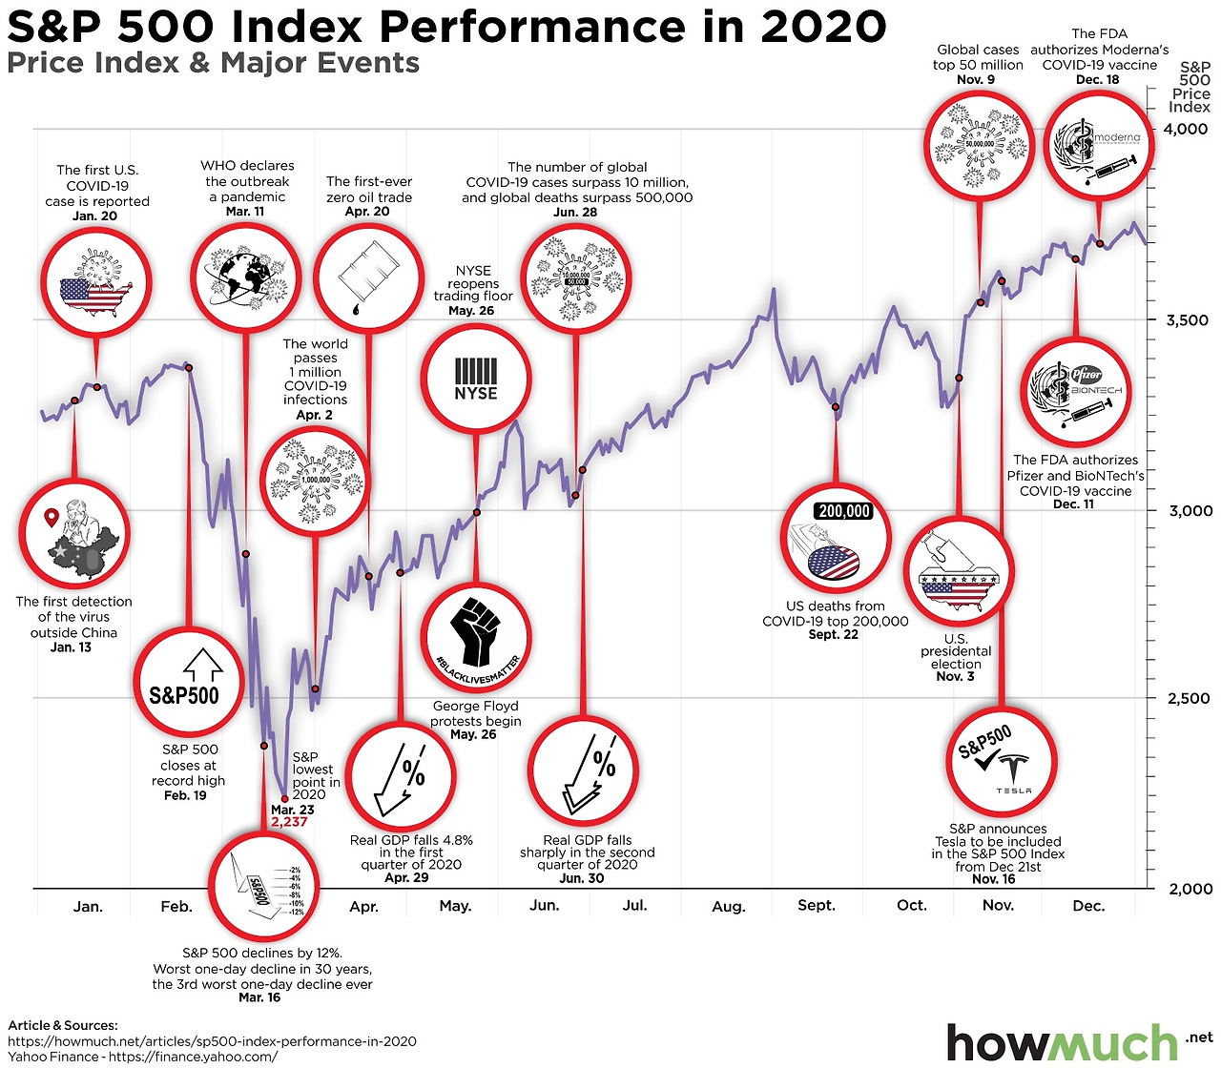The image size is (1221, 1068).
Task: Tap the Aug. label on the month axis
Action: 729,907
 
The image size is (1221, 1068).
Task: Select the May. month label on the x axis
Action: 455,906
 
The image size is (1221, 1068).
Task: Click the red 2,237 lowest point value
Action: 289,821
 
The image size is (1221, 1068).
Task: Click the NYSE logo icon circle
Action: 475,378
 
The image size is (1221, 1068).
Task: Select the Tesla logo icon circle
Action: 1002,762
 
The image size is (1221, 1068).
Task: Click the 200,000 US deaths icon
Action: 836,540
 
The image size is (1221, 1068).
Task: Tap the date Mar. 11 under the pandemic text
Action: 245,212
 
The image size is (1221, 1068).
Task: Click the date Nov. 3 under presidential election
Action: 955,676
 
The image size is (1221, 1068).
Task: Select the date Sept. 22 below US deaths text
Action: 834,634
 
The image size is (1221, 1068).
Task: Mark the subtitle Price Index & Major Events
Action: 214,64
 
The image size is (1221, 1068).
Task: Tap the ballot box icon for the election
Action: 958,572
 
